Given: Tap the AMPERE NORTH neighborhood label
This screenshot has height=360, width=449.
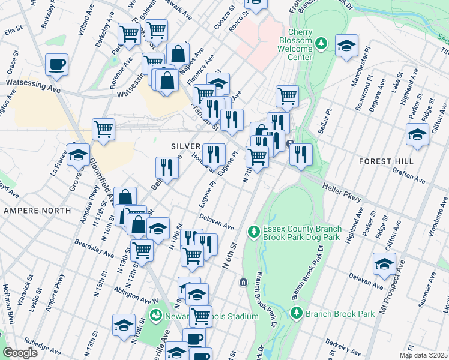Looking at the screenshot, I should pos(37,211).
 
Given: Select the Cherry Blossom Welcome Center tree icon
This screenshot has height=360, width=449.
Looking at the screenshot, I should pos(321,43).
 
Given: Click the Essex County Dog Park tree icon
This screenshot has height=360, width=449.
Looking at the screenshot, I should pos(254,230).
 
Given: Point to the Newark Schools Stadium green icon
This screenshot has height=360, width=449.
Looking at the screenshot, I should pos(156,314).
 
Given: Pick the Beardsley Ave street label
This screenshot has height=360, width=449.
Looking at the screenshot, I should pos(94,249).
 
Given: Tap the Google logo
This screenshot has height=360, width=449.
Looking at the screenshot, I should pos(19,353).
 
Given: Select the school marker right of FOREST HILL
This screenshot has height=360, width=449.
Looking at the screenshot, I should pos(417,134).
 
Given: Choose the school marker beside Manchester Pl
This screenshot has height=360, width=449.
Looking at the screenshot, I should pos(346,46).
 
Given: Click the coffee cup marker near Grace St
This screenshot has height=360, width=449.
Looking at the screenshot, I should pos(56,64).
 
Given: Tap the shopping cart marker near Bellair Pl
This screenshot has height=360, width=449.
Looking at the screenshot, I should pos(288,95).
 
